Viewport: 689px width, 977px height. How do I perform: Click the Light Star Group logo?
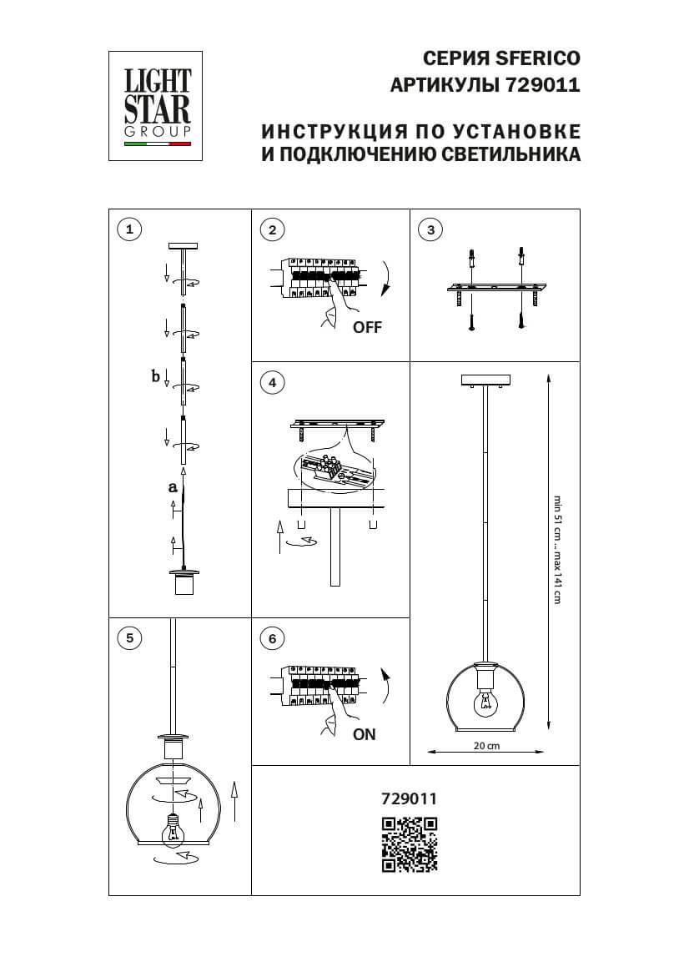point(158,105)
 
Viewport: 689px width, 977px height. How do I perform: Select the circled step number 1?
point(128,229)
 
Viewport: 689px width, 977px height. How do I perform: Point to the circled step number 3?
point(430,229)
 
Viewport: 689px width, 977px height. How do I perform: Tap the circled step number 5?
point(128,638)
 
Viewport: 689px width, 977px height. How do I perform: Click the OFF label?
point(367,328)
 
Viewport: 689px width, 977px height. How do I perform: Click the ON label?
point(365,735)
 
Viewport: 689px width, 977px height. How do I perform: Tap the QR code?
point(409,844)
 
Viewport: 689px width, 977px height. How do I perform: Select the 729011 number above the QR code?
point(409,798)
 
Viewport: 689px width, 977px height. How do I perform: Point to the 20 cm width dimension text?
point(486,747)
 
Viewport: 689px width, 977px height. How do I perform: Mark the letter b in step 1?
point(155,376)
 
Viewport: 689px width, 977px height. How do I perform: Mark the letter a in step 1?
point(173,486)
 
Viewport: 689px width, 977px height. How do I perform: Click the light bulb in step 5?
point(173,829)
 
